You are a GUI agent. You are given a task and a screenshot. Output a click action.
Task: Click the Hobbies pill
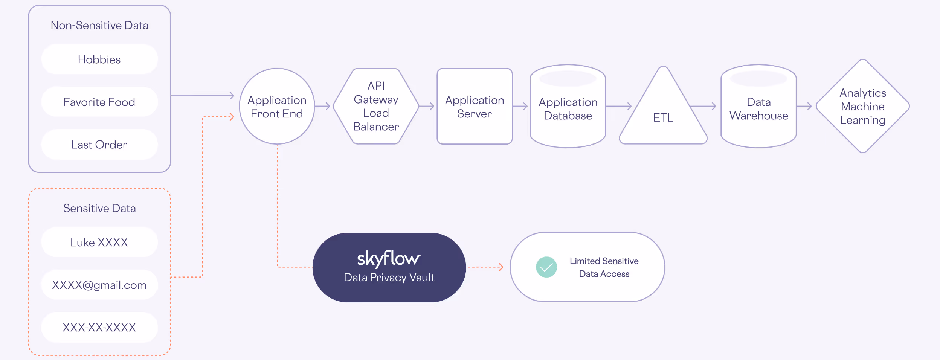(99, 59)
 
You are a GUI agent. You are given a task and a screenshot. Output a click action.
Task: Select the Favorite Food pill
(99, 102)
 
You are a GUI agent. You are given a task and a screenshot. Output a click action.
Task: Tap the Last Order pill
(99, 145)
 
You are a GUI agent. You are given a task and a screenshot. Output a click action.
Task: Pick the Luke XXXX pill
(99, 242)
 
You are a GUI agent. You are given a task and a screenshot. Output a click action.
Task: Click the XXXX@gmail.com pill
(99, 285)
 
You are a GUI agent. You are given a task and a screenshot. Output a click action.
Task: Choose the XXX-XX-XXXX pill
(99, 327)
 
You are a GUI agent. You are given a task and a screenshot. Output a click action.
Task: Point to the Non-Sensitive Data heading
(99, 26)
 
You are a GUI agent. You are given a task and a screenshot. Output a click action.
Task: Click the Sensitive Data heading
(99, 208)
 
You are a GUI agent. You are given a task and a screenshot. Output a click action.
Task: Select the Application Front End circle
(277, 107)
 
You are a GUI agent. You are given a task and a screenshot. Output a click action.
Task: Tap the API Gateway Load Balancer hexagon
(376, 107)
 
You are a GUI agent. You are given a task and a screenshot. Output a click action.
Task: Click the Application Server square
(475, 107)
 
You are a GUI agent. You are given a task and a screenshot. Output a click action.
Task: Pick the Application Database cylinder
(568, 109)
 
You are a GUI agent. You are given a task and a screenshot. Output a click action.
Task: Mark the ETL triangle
(663, 117)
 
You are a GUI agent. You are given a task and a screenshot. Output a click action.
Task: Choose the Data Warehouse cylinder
(758, 109)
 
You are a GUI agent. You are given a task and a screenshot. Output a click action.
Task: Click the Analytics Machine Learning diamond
(863, 107)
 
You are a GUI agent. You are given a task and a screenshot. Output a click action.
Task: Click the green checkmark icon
(546, 267)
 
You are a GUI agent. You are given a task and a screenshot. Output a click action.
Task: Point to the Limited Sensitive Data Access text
(604, 267)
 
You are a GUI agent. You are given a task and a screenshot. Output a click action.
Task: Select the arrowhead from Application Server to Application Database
(526, 107)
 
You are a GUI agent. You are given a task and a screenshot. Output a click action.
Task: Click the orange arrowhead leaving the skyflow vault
(501, 267)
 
